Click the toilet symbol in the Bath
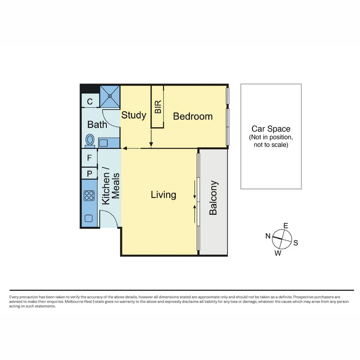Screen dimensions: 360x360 (x=90, y=140)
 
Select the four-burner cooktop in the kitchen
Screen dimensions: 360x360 (x=89, y=196)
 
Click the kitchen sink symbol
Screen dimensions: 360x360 (x=89, y=218)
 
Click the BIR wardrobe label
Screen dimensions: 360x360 (x=158, y=107)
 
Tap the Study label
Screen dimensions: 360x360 (x=134, y=115)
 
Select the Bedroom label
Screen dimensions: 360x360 (x=193, y=116)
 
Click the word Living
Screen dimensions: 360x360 (x=163, y=195)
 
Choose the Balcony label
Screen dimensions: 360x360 (x=213, y=198)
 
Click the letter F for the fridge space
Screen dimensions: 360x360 (x=89, y=158)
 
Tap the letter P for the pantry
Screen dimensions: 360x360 (x=89, y=174)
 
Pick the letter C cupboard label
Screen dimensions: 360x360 (x=90, y=102)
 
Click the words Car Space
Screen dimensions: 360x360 (x=271, y=129)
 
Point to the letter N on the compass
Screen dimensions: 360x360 (x=268, y=236)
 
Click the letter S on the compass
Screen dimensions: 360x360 (x=296, y=243)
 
